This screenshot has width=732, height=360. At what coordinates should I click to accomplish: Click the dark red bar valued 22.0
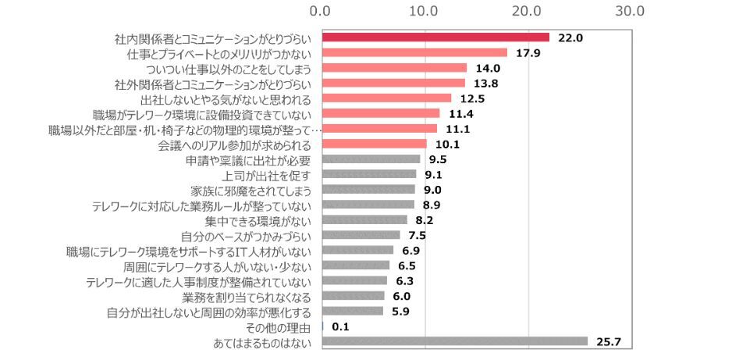coord(435,37)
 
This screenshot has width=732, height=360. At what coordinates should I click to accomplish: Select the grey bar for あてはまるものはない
coord(454,341)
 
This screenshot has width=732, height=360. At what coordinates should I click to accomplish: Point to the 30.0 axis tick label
coord(629,12)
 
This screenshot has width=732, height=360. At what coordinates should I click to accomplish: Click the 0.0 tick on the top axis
coord(321,12)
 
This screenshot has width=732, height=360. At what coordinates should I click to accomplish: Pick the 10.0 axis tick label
coord(424,12)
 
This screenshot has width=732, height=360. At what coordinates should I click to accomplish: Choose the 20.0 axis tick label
coord(528,12)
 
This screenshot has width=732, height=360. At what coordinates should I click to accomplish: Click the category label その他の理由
coord(278,326)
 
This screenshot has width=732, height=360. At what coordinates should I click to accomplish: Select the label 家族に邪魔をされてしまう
coord(251,190)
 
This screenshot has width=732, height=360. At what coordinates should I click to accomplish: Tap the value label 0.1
coord(341,326)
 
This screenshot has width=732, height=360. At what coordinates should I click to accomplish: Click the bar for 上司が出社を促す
coord(368,174)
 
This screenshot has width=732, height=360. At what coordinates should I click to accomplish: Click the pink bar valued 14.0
coord(393,68)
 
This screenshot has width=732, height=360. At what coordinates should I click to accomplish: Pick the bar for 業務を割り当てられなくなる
coord(353,296)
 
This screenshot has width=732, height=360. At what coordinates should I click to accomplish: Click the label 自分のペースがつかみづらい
coord(247,236)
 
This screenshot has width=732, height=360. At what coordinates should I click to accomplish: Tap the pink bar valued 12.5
coord(386,98)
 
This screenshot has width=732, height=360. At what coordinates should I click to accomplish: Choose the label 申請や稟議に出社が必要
coord(249,159)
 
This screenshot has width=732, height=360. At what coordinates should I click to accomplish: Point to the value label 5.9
coord(400,312)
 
